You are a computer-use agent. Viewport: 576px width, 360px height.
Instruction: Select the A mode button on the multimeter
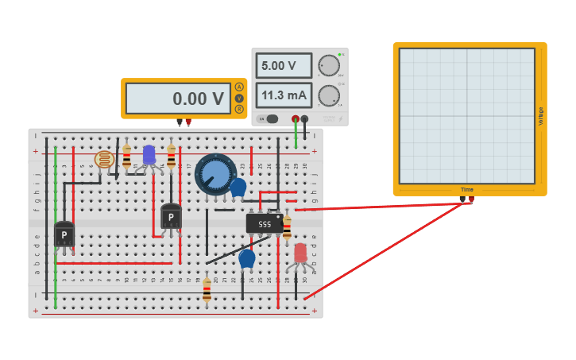click(239, 87)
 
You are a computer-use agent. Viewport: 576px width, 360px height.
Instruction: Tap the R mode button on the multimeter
click(239, 109)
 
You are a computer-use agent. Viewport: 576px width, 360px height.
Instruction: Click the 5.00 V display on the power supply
click(284, 66)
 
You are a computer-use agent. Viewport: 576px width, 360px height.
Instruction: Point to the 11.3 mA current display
click(284, 95)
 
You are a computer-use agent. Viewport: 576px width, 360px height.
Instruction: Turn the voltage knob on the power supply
click(329, 66)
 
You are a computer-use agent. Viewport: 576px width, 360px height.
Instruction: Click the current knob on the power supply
click(329, 96)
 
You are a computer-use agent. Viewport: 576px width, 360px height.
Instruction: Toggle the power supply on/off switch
click(270, 118)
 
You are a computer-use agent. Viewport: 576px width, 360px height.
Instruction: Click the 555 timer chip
click(264, 224)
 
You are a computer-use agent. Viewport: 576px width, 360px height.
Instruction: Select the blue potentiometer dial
click(215, 174)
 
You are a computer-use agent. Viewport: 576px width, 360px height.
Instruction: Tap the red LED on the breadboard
click(300, 253)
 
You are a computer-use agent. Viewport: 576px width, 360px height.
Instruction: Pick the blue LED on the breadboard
click(149, 154)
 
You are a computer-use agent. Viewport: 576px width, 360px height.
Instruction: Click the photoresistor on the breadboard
click(104, 160)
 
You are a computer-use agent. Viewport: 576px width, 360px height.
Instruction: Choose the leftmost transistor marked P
click(64, 234)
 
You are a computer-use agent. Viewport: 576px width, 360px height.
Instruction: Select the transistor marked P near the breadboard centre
click(171, 216)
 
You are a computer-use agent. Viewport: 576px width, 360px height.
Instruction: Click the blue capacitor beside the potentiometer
click(238, 188)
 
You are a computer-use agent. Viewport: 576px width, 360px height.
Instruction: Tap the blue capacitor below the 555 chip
click(247, 258)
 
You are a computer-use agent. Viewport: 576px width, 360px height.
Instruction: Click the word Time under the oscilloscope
click(467, 189)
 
